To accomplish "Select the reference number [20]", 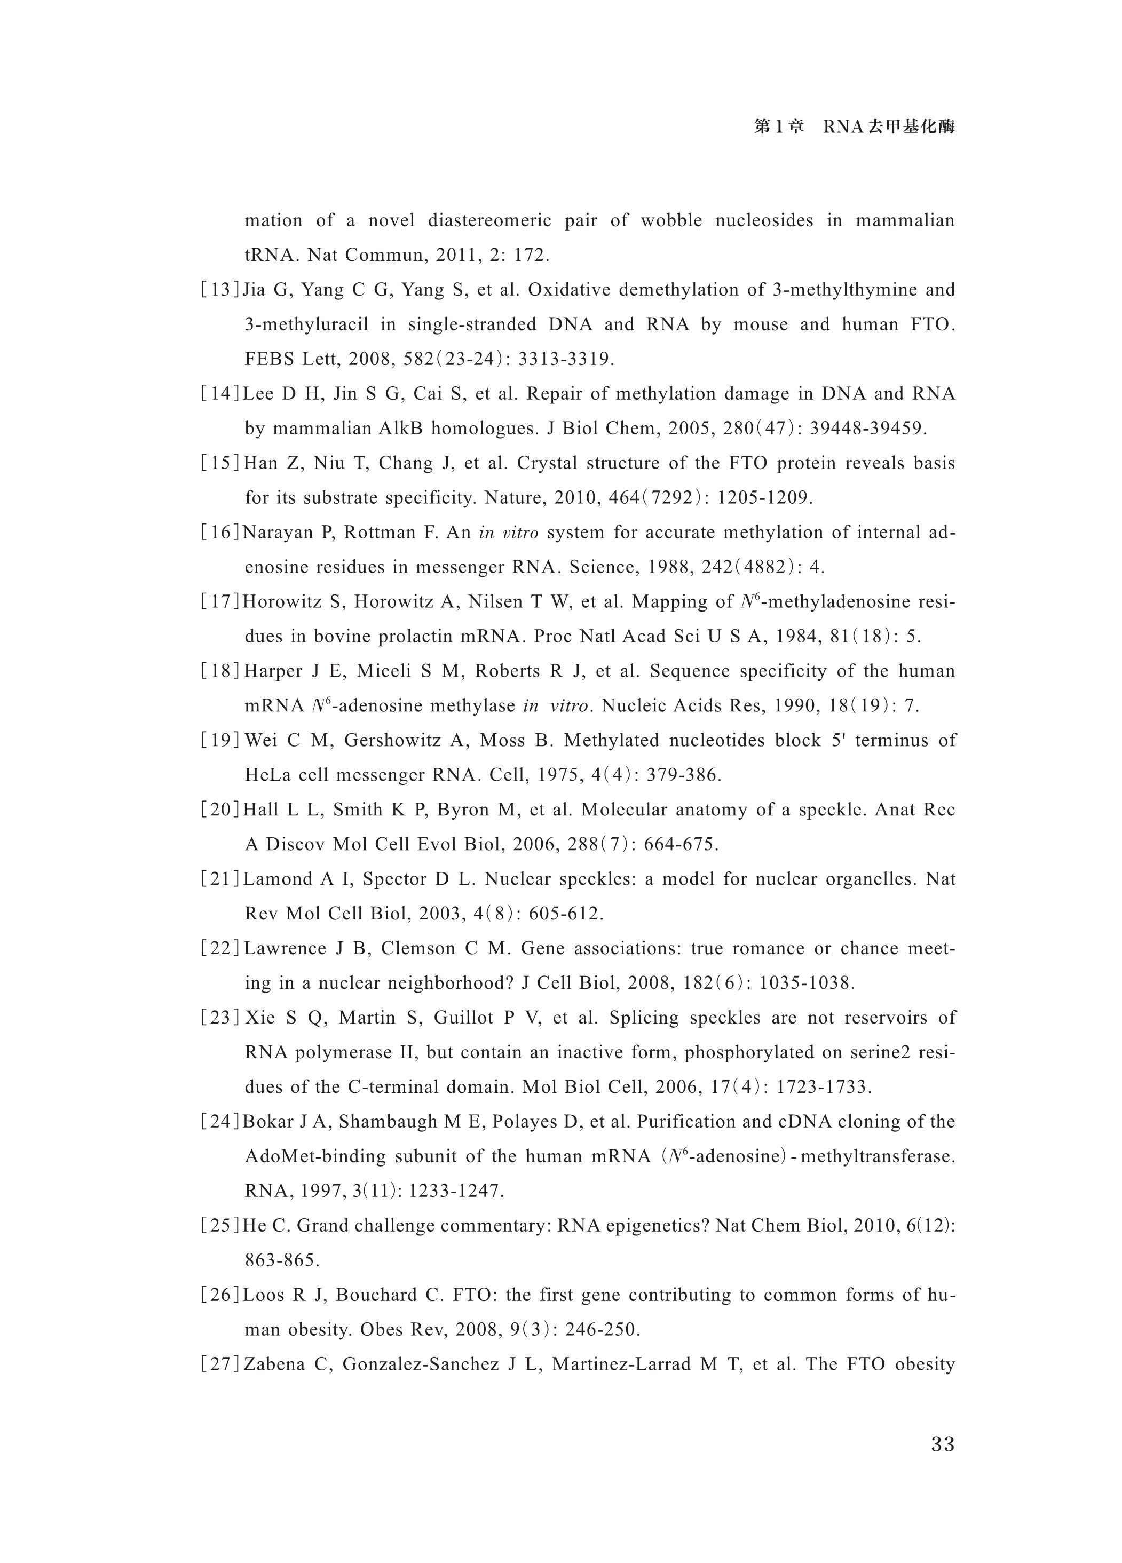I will pyautogui.click(x=220, y=810).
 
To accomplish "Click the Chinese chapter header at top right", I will pyautogui.click(x=854, y=127).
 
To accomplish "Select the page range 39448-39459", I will pyautogui.click(x=866, y=429).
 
